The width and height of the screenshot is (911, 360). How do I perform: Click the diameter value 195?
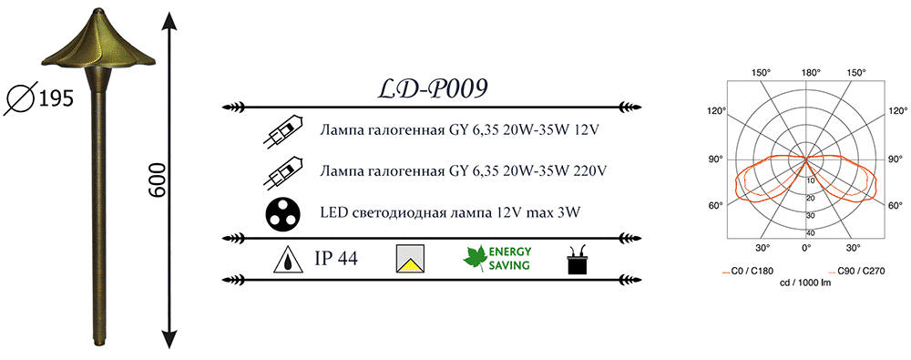pos(56,99)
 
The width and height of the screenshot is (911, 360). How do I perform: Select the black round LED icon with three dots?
pos(283,214)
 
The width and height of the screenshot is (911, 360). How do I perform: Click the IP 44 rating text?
pos(336,258)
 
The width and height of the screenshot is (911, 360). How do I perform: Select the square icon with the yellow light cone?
pos(410,259)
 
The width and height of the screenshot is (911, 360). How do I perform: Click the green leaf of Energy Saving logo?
pos(474,258)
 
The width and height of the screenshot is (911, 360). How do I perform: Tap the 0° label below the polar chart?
pos(806,247)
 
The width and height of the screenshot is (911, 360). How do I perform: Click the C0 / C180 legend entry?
pos(747,271)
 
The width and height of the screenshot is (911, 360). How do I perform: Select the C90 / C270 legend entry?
pos(856,271)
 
